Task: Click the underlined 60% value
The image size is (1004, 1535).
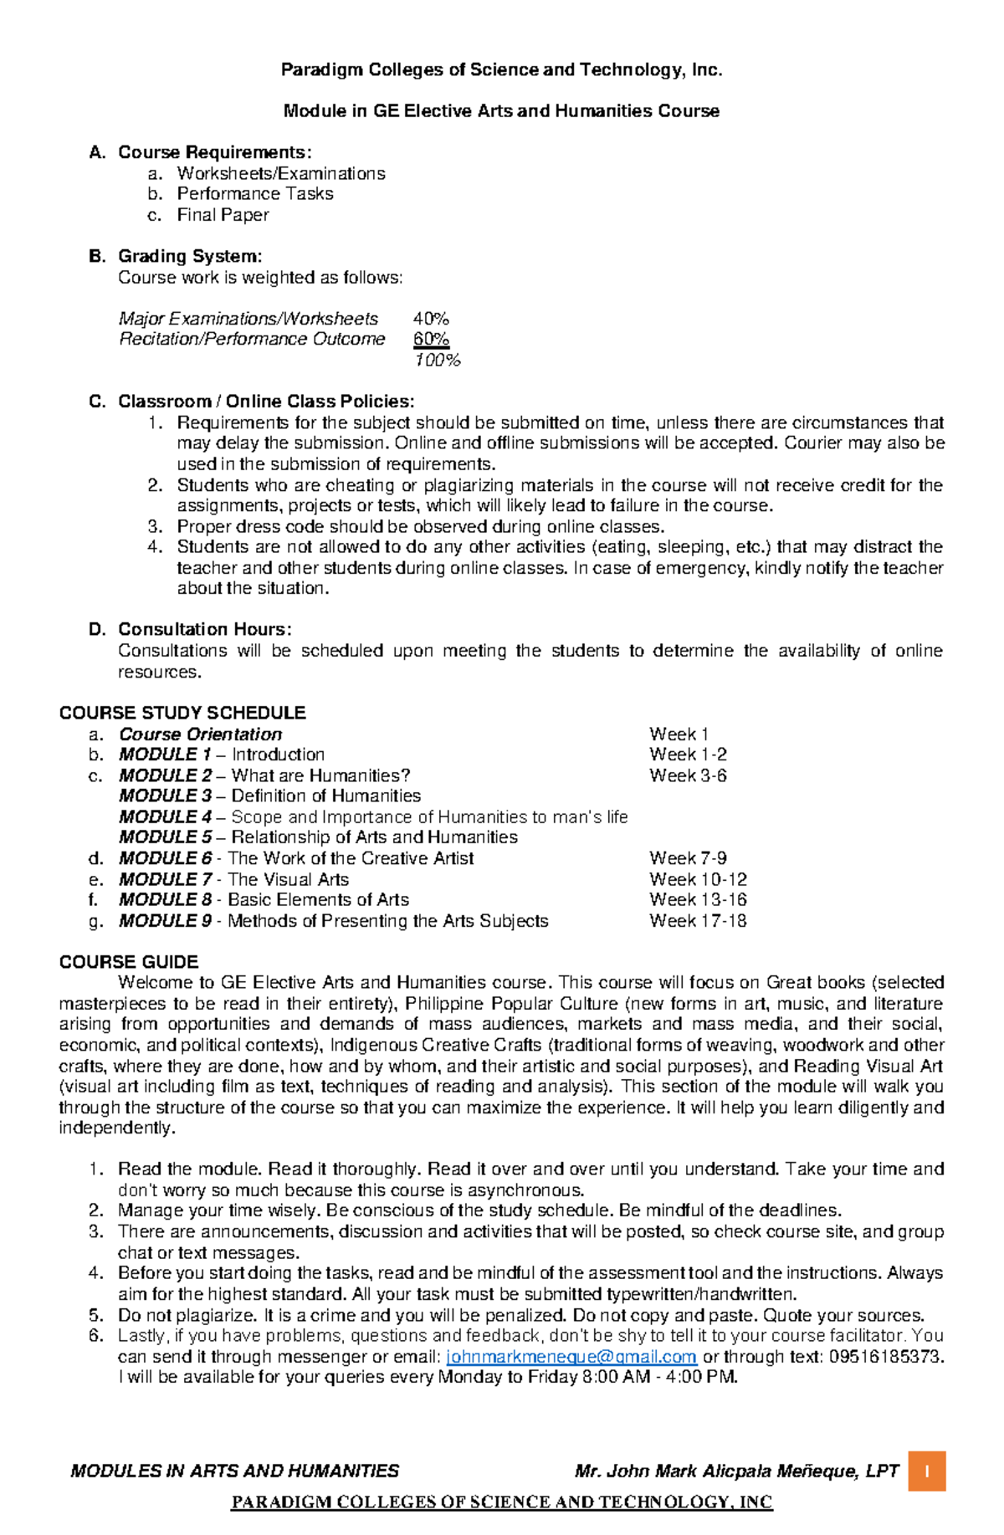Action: coord(431,339)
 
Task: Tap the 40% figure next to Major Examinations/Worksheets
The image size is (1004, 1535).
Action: coord(431,319)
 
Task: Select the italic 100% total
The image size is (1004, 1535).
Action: coord(437,361)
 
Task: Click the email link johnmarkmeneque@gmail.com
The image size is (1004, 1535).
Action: coord(571,1357)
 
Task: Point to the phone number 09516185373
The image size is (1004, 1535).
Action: coord(885,1357)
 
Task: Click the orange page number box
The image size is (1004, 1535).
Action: coord(927,1471)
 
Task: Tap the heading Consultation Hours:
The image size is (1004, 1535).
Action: coord(204,629)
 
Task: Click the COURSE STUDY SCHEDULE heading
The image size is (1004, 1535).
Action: coord(182,713)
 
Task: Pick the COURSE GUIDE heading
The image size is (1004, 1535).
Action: coord(129,962)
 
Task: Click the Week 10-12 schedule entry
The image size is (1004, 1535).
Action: coord(698,879)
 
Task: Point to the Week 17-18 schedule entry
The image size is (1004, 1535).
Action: coord(698,921)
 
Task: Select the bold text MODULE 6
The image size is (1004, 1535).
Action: coord(166,858)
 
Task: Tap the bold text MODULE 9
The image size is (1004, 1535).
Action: coord(166,921)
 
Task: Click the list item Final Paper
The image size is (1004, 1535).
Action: coord(223,215)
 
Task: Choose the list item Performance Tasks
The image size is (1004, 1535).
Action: coord(255,194)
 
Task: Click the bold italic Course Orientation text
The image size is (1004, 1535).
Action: coord(200,734)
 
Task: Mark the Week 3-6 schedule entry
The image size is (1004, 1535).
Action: coord(688,775)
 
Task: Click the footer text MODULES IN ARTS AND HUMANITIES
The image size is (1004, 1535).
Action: coord(235,1471)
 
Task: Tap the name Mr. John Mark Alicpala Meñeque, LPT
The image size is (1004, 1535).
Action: coord(736,1471)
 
